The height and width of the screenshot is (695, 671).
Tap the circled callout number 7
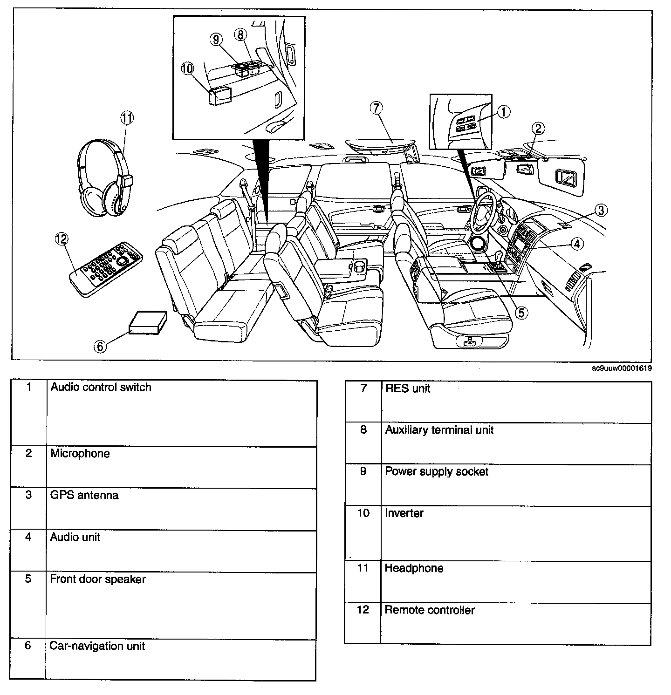377,108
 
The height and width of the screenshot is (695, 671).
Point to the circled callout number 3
601,211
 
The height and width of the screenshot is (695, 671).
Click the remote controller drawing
106,269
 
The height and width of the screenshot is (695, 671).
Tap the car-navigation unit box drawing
148,322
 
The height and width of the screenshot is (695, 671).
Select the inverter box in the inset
220,96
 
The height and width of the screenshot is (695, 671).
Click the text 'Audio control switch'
101,388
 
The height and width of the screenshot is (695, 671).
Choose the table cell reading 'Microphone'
80,454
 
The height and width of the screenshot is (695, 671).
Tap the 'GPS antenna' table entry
84,495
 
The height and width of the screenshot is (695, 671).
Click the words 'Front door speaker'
98,579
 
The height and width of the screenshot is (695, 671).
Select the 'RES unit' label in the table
408,388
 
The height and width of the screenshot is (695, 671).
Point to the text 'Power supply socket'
437,472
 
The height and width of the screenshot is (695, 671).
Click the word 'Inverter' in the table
404,513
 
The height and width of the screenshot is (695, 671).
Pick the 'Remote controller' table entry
430,610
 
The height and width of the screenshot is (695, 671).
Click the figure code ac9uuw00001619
621,368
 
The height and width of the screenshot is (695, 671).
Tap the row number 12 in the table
363,610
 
